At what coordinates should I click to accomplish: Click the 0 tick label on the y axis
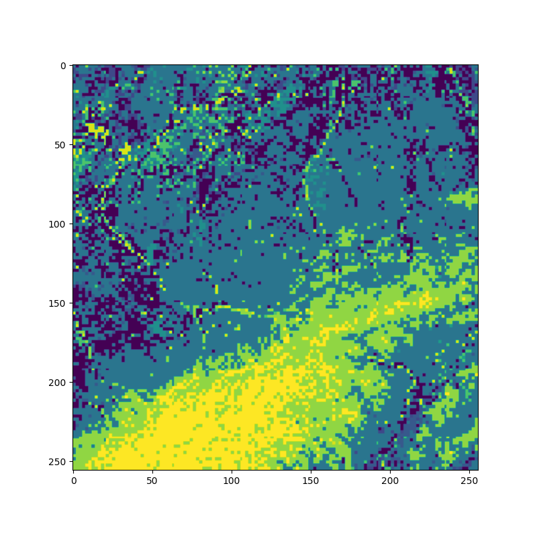[x=62, y=66]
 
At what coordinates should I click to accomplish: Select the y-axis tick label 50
[x=59, y=145]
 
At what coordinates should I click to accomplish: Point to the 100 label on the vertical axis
[x=57, y=224]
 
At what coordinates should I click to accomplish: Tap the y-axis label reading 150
[x=57, y=303]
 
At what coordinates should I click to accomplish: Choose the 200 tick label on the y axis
[x=57, y=383]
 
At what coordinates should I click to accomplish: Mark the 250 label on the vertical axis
[x=57, y=462]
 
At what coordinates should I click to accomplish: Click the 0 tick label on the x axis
[x=73, y=481]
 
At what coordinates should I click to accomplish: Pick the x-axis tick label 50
[x=152, y=481]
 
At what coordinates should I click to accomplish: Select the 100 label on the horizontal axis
[x=232, y=481]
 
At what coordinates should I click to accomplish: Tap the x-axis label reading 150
[x=311, y=481]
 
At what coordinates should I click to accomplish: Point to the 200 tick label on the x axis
[x=390, y=481]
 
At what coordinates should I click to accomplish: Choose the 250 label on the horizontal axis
[x=469, y=481]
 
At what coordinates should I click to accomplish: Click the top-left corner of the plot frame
[x=72, y=64]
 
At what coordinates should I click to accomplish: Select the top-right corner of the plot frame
[x=478, y=64]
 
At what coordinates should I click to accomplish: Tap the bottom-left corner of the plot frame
[x=72, y=470]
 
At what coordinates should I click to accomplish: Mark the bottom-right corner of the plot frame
[x=478, y=470]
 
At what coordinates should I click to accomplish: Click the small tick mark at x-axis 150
[x=311, y=472]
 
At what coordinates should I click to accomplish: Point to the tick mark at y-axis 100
[x=70, y=224]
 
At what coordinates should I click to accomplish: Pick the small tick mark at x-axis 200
[x=390, y=472]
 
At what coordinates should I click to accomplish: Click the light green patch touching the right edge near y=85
[x=467, y=197]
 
